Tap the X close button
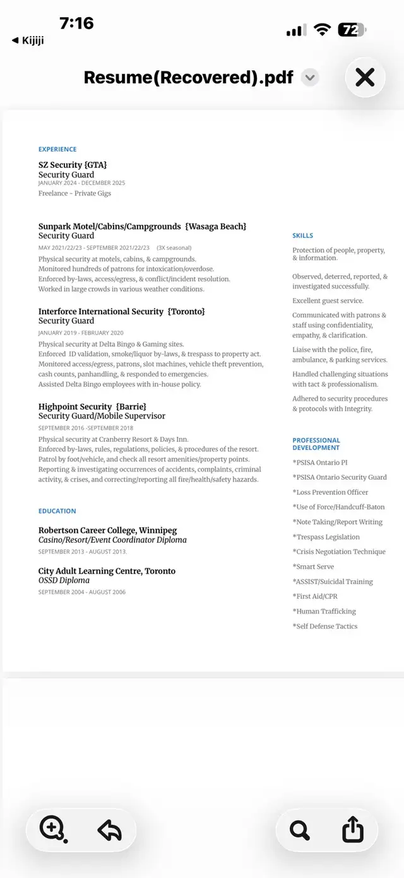pyautogui.click(x=365, y=77)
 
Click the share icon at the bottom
pyautogui.click(x=353, y=829)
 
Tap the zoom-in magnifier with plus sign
pyautogui.click(x=52, y=828)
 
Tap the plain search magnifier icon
pyautogui.click(x=300, y=829)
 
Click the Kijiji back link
pyautogui.click(x=28, y=40)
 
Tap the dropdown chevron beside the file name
pyautogui.click(x=309, y=78)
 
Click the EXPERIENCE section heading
pyautogui.click(x=57, y=150)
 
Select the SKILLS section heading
pyautogui.click(x=302, y=235)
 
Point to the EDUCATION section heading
pyautogui.click(x=57, y=511)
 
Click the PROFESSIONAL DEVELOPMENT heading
pyautogui.click(x=316, y=444)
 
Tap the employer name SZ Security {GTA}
pyautogui.click(x=73, y=165)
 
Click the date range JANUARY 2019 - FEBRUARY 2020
pyautogui.click(x=81, y=333)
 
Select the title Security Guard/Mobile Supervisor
pyautogui.click(x=102, y=416)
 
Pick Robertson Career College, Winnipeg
pyautogui.click(x=107, y=530)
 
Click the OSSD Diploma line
pyautogui.click(x=64, y=580)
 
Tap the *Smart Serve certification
pyautogui.click(x=313, y=567)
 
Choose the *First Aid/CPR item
pyautogui.click(x=314, y=596)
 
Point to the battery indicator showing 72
pyautogui.click(x=351, y=30)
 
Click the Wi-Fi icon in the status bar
pyautogui.click(x=323, y=30)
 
